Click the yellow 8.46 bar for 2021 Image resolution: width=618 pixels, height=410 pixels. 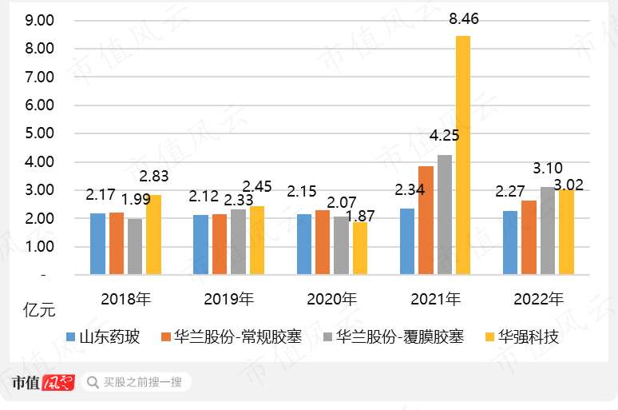(x=463, y=156)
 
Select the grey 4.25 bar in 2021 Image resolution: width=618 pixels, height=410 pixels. (x=445, y=215)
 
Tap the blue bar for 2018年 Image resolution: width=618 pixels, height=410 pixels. (x=97, y=244)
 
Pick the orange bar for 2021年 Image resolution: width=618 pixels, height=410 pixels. (x=426, y=221)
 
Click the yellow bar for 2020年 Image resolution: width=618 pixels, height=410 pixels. (x=360, y=249)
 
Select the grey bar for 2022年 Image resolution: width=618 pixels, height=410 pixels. (x=548, y=231)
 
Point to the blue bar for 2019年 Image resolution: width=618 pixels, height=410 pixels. (x=200, y=245)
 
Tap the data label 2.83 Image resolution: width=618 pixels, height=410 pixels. (x=153, y=177)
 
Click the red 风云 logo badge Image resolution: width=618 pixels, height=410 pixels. (x=58, y=383)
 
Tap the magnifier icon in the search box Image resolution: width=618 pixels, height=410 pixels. (x=93, y=383)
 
